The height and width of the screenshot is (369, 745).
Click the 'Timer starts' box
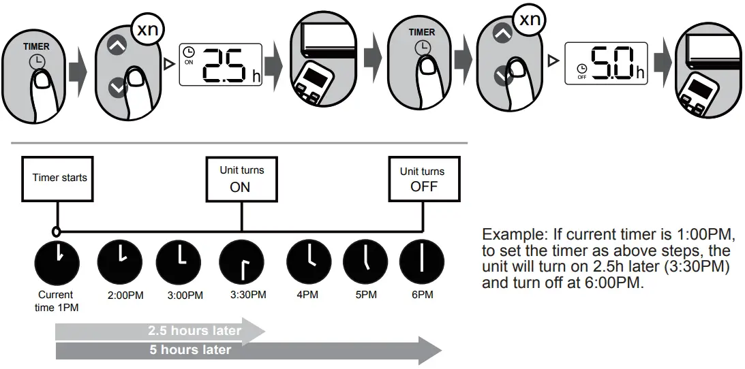point(59,178)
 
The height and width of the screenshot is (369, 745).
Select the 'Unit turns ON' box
point(241,178)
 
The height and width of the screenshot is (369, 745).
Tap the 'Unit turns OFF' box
point(423,178)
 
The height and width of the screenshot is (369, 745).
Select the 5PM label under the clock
point(365,295)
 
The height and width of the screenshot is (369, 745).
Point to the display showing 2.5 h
point(222,65)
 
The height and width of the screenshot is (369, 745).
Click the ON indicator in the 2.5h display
point(189,61)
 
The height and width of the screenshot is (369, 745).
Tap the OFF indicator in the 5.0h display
point(581,77)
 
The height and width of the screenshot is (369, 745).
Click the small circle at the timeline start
point(57,231)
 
